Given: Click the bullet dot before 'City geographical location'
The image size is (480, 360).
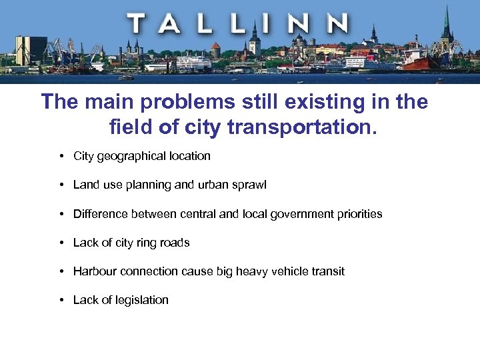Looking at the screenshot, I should (61, 156).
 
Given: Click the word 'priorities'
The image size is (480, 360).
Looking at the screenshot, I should (360, 214).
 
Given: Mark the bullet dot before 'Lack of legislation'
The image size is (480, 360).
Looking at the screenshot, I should (61, 300).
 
